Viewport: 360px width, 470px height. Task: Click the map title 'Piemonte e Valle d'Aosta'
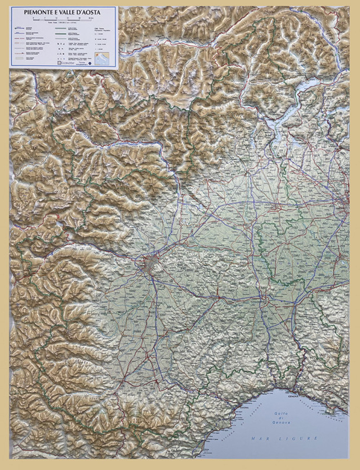click(62, 12)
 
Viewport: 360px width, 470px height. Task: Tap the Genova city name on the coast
click(294, 397)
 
